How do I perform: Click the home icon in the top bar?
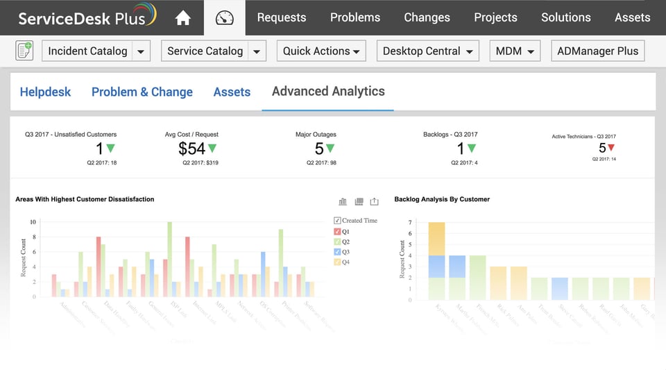coord(183,18)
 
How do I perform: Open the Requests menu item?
coord(282,17)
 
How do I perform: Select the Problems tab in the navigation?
coord(355,17)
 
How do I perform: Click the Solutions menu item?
coord(566,17)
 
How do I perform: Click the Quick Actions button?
coord(321,51)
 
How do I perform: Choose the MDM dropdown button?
coord(515,51)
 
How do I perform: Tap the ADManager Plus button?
coord(597,51)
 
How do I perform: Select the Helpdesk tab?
coord(45,92)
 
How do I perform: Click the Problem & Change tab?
coord(142,92)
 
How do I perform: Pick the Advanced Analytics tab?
coord(328,91)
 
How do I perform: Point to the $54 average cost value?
coord(191,148)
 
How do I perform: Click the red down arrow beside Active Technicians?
coord(611,147)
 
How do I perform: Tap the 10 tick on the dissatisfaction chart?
coord(33,222)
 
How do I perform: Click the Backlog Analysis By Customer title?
coord(442,199)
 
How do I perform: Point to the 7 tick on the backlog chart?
coord(410,222)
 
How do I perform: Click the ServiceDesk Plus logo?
coord(87,17)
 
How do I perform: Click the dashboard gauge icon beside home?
coord(225,18)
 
